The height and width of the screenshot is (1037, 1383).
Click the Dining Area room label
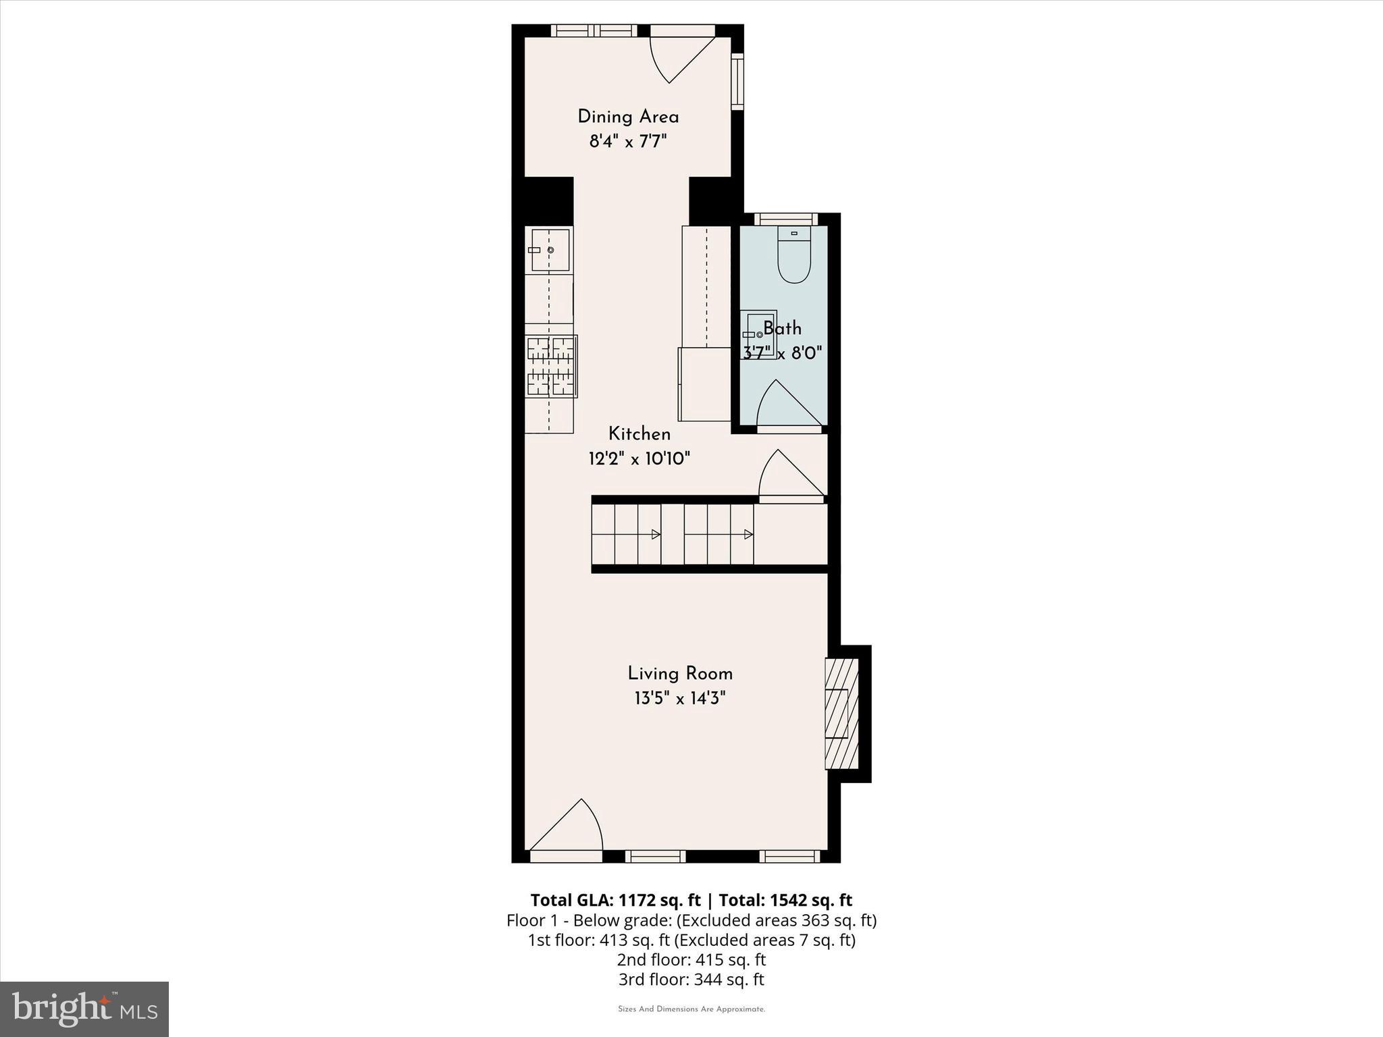(628, 117)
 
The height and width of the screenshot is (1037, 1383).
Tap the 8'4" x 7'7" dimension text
(628, 142)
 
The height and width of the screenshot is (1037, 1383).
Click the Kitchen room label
(639, 434)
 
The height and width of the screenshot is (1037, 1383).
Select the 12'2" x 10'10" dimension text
(639, 459)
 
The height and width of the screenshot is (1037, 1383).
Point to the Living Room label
(680, 673)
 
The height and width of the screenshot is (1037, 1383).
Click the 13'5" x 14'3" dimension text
(680, 698)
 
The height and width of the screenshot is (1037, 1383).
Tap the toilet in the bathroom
(793, 257)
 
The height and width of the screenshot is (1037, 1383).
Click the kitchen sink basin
(550, 250)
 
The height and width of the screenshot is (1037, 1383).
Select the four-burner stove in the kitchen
(551, 366)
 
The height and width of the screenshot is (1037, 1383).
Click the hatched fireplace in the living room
(841, 714)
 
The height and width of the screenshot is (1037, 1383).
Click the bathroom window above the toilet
(785, 219)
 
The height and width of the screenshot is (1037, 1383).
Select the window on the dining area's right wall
(737, 82)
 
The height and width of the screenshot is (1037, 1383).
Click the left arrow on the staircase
(655, 535)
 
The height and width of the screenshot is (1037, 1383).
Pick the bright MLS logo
(84, 1009)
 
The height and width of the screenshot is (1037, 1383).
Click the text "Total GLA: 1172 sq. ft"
(615, 900)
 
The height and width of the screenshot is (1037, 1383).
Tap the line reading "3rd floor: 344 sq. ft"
(691, 979)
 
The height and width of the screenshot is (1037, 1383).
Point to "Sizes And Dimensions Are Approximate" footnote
(691, 1009)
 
